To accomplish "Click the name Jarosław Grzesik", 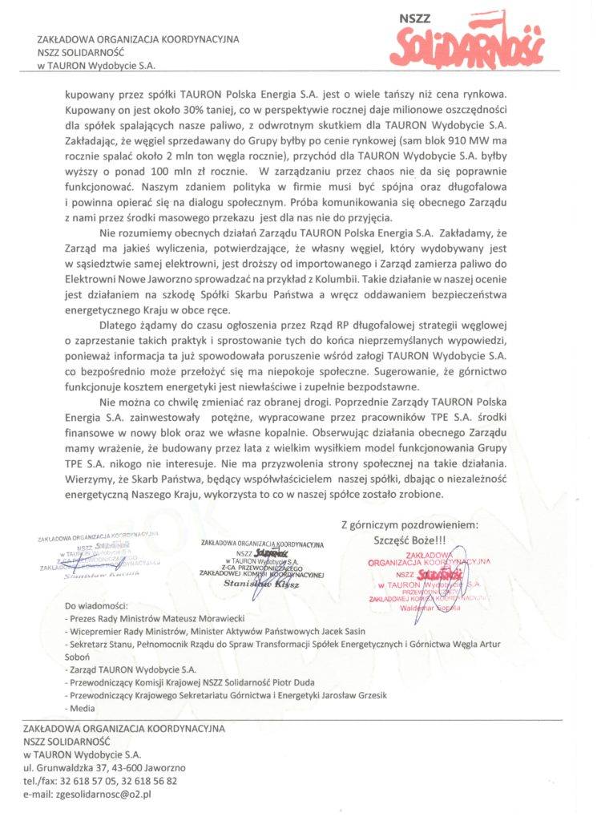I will tap(347, 695).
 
